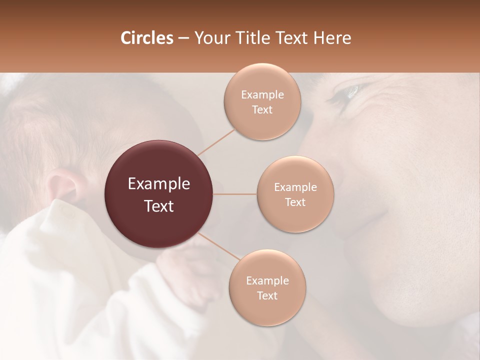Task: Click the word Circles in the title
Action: click(x=146, y=38)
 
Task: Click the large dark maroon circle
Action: click(x=159, y=194)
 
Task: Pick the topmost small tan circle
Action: click(x=262, y=102)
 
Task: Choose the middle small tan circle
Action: click(x=295, y=194)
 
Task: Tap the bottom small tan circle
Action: click(x=267, y=288)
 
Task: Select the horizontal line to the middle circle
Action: click(x=235, y=194)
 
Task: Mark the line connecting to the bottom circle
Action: click(x=218, y=247)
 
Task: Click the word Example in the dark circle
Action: click(x=159, y=184)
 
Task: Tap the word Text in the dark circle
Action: click(x=159, y=206)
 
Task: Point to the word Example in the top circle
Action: click(x=262, y=95)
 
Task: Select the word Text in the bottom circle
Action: click(x=267, y=295)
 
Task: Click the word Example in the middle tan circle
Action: click(x=295, y=187)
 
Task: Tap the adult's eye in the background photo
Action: click(x=350, y=92)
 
